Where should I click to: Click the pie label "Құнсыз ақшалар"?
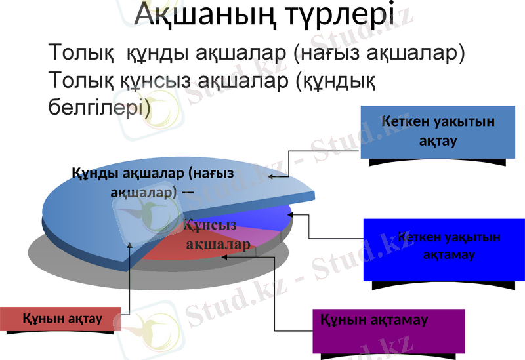click(214, 235)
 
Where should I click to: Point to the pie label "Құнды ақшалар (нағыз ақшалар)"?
click(152, 182)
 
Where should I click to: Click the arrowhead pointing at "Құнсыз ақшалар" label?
click(225, 256)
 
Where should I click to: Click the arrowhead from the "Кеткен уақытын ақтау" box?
click(271, 176)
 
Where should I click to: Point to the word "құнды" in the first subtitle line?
click(140, 52)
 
